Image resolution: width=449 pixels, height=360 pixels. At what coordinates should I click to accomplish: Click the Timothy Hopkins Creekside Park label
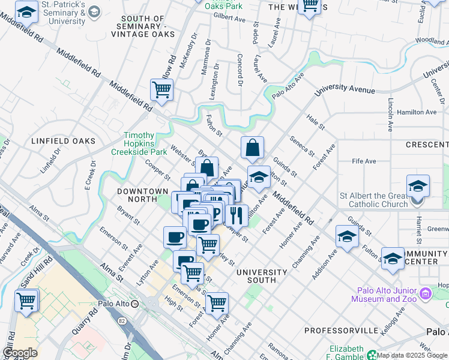point(139,143)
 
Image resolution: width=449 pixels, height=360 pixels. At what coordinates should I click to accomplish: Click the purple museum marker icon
point(426,293)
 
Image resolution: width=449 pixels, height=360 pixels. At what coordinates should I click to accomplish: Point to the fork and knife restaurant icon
point(237,214)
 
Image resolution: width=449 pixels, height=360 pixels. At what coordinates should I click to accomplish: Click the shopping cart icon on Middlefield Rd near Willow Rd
point(161,91)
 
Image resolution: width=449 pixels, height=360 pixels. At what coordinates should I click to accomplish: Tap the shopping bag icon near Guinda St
point(253,147)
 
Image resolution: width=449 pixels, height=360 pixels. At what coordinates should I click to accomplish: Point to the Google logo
point(20,352)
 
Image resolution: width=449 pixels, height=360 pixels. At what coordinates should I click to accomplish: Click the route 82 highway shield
point(122,322)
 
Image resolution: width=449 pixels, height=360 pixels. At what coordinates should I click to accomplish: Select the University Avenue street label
point(345,89)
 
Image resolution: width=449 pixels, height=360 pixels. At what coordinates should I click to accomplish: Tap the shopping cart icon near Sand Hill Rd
point(27,299)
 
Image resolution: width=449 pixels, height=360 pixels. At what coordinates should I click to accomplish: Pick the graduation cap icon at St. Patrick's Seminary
point(26,11)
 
